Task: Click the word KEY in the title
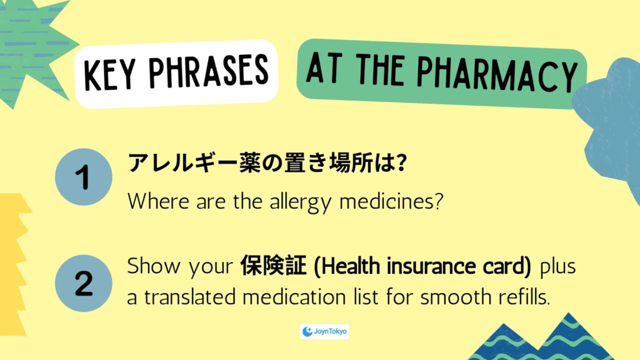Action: [109, 76]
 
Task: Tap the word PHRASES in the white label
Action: [209, 72]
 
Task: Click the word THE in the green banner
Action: [379, 69]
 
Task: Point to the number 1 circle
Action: [84, 177]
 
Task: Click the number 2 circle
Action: [84, 283]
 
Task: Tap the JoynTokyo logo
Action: [324, 331]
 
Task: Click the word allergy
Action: [301, 202]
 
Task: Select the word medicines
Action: [391, 201]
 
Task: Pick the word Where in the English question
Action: [158, 201]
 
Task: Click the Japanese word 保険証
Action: [273, 266]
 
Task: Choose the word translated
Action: [190, 297]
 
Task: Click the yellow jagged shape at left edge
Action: [14, 264]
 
